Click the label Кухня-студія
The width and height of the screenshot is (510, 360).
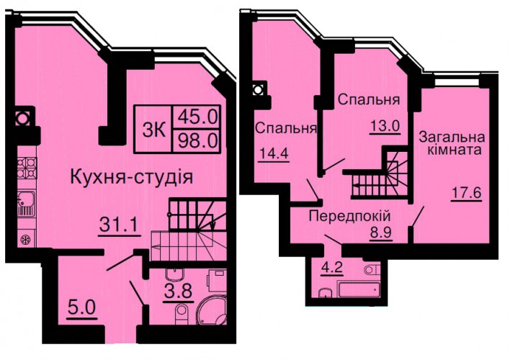(x=132, y=178)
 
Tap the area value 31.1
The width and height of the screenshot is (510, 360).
(x=119, y=225)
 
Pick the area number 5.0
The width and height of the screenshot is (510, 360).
(x=81, y=307)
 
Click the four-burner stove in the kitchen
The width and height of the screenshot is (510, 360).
(x=27, y=168)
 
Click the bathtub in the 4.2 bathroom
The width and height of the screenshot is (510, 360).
(x=359, y=289)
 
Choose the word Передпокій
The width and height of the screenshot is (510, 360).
(x=349, y=216)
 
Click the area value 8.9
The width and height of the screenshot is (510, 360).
(x=381, y=232)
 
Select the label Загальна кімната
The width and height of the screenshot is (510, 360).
(x=452, y=143)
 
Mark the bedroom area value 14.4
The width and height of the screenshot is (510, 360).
(x=274, y=153)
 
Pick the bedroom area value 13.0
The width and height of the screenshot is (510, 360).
(x=385, y=125)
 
